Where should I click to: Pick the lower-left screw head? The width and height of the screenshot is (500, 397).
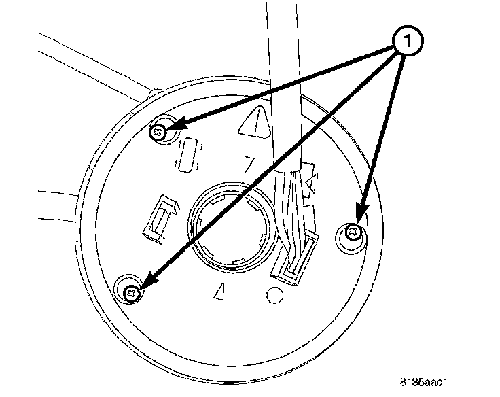[x=132, y=293]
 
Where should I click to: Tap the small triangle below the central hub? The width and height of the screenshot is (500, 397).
[x=219, y=292]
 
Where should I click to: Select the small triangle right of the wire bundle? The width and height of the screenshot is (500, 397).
[x=313, y=182]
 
